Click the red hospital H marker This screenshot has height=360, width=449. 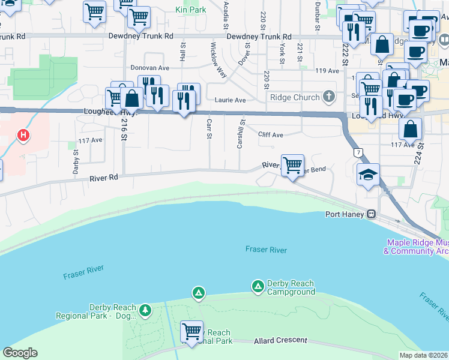23,136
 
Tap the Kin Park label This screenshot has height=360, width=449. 190,10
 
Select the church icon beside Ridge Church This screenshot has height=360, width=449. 328,97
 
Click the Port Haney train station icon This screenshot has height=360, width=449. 372,214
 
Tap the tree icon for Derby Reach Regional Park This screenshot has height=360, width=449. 145,310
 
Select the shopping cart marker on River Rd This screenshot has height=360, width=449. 292,164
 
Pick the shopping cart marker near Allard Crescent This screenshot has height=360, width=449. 191,331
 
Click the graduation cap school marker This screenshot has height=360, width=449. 367,175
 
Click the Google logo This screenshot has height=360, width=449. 20,353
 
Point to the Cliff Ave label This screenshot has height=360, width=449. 270,135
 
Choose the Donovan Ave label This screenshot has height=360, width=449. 151,69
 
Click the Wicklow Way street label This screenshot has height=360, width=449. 218,60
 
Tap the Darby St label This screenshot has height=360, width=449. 76,161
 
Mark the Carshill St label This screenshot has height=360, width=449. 240,136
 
